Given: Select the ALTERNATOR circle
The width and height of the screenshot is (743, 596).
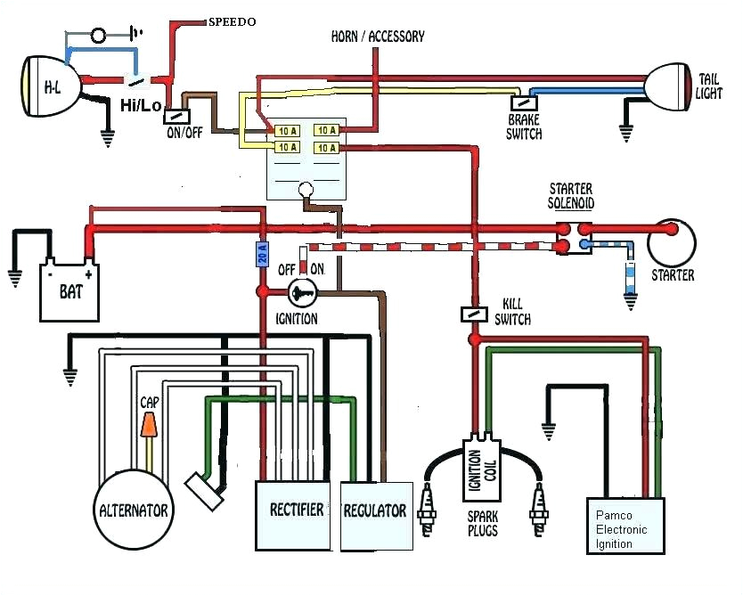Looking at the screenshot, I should pos(135,510).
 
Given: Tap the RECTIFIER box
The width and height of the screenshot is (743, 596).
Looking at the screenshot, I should pos(297,515).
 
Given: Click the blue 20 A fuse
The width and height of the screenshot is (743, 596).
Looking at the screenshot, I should pos(262,255).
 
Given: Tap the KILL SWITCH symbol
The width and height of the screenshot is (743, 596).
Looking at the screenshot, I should pos(473,314).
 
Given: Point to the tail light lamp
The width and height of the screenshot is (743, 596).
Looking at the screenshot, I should pos(671,86).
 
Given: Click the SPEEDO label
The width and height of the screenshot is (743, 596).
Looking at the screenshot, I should pos(233,20).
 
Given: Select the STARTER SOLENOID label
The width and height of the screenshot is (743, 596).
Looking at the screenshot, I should pos(571,196).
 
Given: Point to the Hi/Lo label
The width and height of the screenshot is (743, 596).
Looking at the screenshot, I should pos(141,106).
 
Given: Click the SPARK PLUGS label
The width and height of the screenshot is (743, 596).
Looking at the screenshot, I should pos(482,524).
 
